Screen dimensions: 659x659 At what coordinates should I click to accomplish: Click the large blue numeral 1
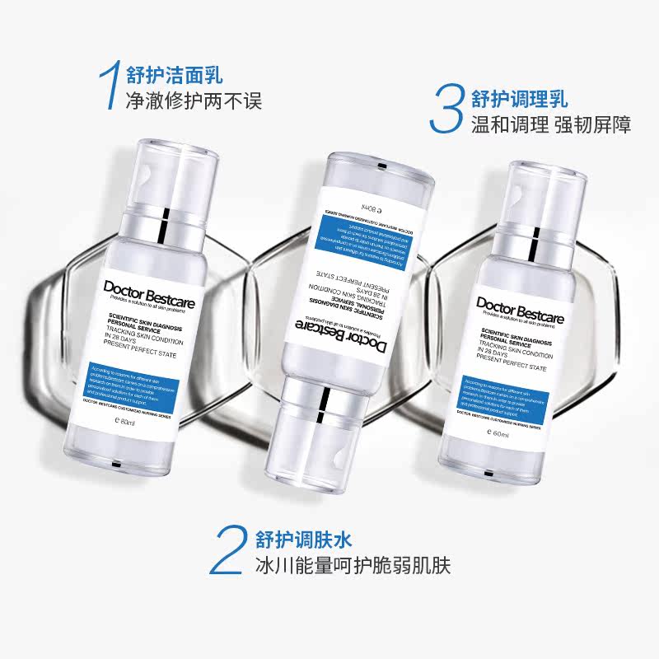[106, 86]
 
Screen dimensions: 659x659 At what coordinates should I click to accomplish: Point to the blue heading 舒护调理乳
[520, 99]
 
